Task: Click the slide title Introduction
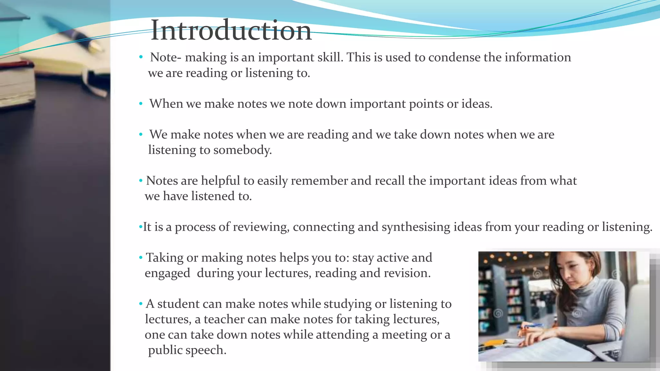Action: (231, 30)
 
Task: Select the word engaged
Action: (168, 273)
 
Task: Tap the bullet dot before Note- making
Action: (141, 58)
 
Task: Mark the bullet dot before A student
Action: (141, 304)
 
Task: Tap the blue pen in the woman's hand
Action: (532, 326)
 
